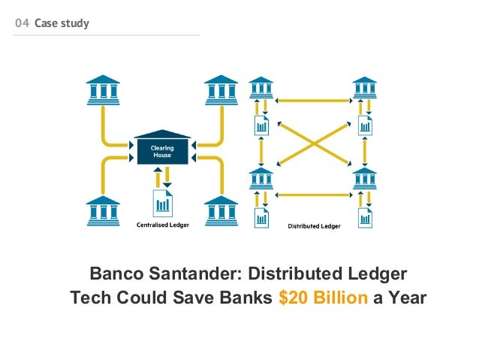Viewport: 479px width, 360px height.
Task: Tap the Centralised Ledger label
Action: tap(162, 224)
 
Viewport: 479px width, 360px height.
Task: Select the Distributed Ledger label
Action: tap(315, 225)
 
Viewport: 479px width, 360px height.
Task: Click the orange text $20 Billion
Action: tap(323, 298)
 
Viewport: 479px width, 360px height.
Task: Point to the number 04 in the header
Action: tap(23, 23)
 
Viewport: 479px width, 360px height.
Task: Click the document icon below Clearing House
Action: tap(162, 202)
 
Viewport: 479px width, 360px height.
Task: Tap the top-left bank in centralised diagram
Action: tap(103, 89)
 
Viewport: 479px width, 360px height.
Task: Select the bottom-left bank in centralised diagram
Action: tap(103, 210)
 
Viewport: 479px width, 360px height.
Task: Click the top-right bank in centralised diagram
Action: tap(221, 89)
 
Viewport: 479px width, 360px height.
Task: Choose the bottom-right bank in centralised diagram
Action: tap(221, 210)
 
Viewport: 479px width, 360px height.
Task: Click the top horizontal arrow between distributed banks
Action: tap(312, 98)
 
